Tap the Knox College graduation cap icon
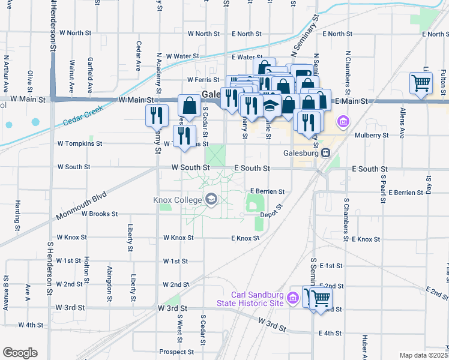(211, 199)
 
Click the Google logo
(19, 353)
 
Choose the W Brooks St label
(100, 214)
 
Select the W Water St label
(182, 56)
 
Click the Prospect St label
(175, 352)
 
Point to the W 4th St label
(31, 325)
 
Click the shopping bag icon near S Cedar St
(190, 105)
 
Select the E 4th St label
(330, 333)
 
